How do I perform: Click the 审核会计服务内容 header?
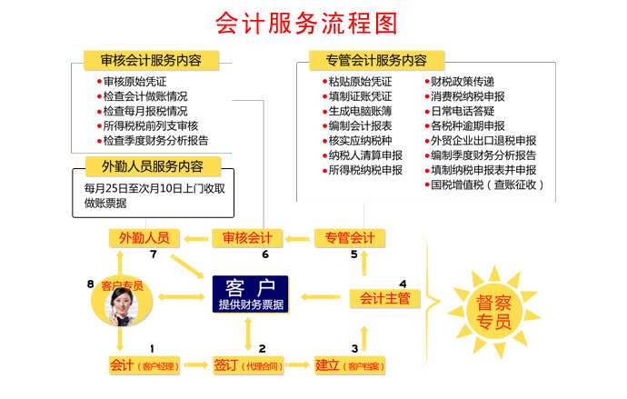(151, 61)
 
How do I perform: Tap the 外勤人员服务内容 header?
(151, 167)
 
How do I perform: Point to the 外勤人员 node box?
(144, 238)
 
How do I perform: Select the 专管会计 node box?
(350, 238)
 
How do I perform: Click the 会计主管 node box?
(384, 297)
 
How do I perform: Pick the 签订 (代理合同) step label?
(247, 365)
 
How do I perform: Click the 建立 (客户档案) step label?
(349, 365)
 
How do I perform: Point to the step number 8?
(91, 284)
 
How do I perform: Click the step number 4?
(403, 283)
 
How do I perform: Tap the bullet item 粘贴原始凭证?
(359, 82)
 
